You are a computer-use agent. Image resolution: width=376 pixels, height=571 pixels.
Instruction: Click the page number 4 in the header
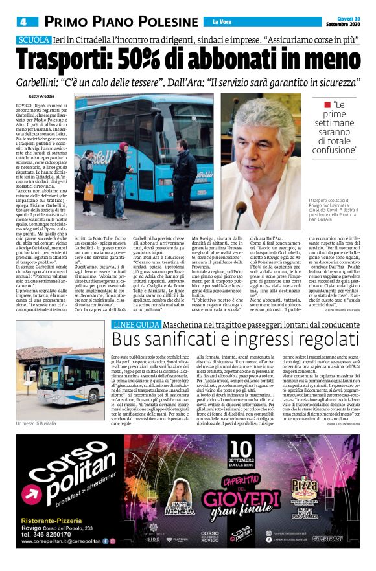(22, 22)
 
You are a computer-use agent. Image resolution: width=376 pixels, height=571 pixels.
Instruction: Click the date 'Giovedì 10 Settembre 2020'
(343, 21)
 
